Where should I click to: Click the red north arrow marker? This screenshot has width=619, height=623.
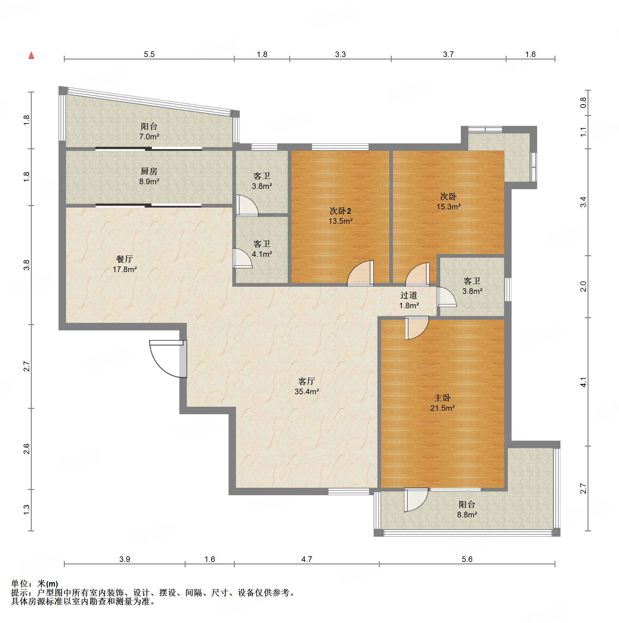tap(31, 55)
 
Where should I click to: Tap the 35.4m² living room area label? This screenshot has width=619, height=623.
tap(306, 391)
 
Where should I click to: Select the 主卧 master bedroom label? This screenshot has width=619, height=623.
tap(442, 398)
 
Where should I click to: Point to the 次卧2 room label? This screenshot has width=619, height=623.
tap(340, 211)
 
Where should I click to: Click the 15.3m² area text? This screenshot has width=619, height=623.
tap(448, 207)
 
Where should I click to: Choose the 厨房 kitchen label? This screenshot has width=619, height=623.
tap(149, 171)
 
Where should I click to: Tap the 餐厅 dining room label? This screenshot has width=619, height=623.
tap(124, 259)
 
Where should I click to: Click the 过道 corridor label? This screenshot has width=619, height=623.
tap(409, 295)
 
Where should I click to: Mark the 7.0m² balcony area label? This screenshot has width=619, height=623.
tap(149, 137)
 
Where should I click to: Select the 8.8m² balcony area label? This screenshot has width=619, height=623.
tap(467, 515)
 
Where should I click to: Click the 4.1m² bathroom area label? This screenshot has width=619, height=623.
tap(262, 254)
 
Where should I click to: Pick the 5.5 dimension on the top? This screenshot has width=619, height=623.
tap(149, 54)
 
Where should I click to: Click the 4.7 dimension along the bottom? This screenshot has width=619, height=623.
tap(306, 559)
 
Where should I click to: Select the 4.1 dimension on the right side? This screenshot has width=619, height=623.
tap(583, 382)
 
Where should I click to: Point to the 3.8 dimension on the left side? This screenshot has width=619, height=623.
tap(26, 265)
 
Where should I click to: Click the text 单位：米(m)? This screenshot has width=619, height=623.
tap(35, 584)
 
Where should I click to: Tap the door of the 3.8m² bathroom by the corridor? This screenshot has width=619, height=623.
tap(447, 297)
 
